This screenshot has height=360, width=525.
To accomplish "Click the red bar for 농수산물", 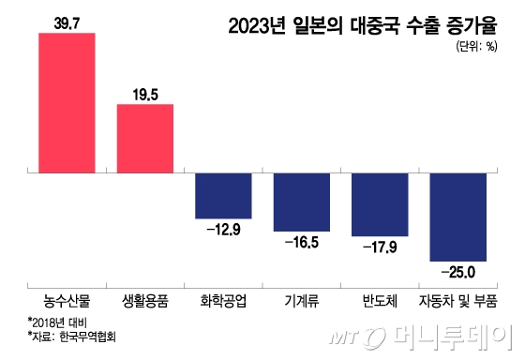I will pos(67,103).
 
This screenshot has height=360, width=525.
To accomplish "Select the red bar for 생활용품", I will pos(144,139).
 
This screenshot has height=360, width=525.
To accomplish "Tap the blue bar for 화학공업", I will pos(223,196).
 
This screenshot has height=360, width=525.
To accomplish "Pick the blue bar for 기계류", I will pos(301,202).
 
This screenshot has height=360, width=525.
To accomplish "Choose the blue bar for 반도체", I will pos(379,205).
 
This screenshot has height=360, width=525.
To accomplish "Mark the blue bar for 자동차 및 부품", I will pos(457,217).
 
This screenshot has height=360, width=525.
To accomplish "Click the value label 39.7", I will pos(67,22).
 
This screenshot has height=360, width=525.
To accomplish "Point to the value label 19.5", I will pos(144,93).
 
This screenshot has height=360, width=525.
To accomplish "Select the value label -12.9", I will pos(223,229).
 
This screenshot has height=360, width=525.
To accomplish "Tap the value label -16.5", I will pos(301,242).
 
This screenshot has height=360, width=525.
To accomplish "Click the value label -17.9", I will pos(379,247).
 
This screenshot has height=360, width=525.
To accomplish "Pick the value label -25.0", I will pos(457,272).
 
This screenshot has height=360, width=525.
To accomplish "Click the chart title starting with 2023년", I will pos(369,24).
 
